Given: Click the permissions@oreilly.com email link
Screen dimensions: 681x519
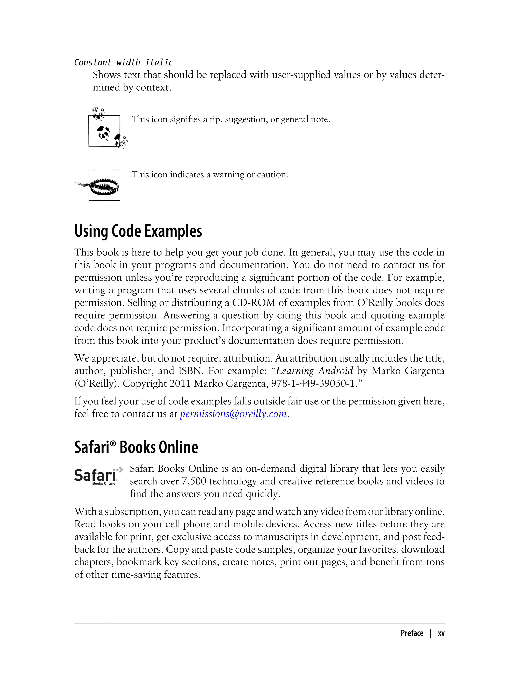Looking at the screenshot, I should [x=233, y=414].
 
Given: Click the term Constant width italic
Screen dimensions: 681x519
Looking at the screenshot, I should [x=124, y=62].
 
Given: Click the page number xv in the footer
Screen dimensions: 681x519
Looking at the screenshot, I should [x=441, y=633].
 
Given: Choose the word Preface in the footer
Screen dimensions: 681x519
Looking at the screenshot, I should [x=412, y=633].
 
